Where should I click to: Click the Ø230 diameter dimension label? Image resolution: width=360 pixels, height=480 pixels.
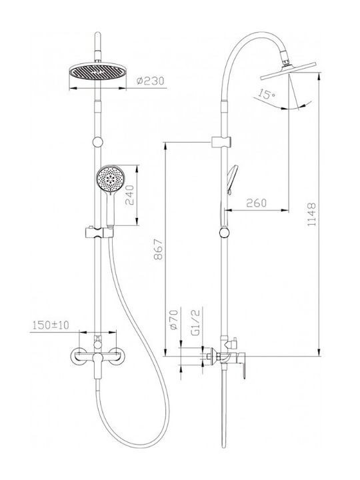point(150,81)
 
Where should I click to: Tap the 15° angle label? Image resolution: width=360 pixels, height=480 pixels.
point(266,94)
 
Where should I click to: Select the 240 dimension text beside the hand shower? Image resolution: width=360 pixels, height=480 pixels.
point(130,195)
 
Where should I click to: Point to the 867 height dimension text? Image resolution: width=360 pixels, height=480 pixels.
point(158,249)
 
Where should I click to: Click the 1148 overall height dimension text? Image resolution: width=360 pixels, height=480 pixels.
point(311,214)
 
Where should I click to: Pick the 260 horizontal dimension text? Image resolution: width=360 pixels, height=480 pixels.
point(256,203)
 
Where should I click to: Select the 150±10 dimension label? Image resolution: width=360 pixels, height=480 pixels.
point(51,325)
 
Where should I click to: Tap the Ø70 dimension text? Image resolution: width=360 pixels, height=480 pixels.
point(173,320)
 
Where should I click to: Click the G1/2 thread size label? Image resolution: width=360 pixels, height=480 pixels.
point(195,322)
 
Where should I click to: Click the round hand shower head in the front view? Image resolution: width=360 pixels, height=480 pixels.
point(109,179)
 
